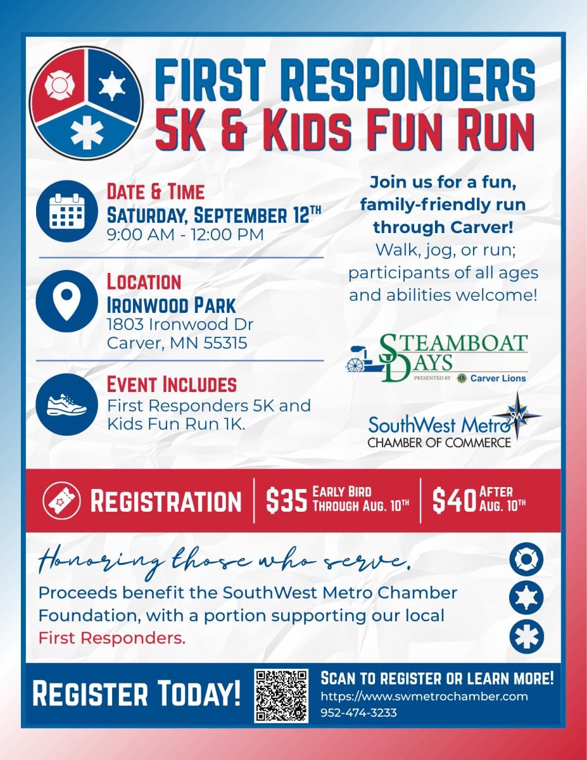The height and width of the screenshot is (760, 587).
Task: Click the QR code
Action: coord(281,695)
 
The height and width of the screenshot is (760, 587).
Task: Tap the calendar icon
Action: coord(66,212)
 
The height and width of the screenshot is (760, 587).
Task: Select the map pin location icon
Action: coord(66,301)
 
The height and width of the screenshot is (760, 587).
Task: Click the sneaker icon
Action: coord(66,404)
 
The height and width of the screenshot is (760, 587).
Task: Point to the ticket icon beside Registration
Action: coord(61,500)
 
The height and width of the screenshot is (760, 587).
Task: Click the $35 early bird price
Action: coord(287,500)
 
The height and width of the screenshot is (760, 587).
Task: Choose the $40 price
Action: coord(454,500)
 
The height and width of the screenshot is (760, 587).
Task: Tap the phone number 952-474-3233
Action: coord(358,712)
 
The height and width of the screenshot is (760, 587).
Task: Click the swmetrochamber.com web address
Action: coord(424,696)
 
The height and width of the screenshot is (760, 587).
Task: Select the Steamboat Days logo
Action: coord(437,357)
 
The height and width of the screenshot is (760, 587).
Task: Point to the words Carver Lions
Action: coord(498,378)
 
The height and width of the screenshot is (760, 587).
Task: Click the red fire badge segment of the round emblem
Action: coord(58,85)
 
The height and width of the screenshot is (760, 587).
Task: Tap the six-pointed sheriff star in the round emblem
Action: coord(112,85)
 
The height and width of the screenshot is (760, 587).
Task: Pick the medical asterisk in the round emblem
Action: coord(87,132)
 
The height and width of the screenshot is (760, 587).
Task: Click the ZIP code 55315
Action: coord(225,343)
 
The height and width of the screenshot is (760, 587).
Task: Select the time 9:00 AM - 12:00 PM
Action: coord(186,234)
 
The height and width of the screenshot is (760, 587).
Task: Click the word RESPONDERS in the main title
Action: coord(411,80)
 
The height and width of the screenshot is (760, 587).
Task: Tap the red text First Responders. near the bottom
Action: coord(112,638)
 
